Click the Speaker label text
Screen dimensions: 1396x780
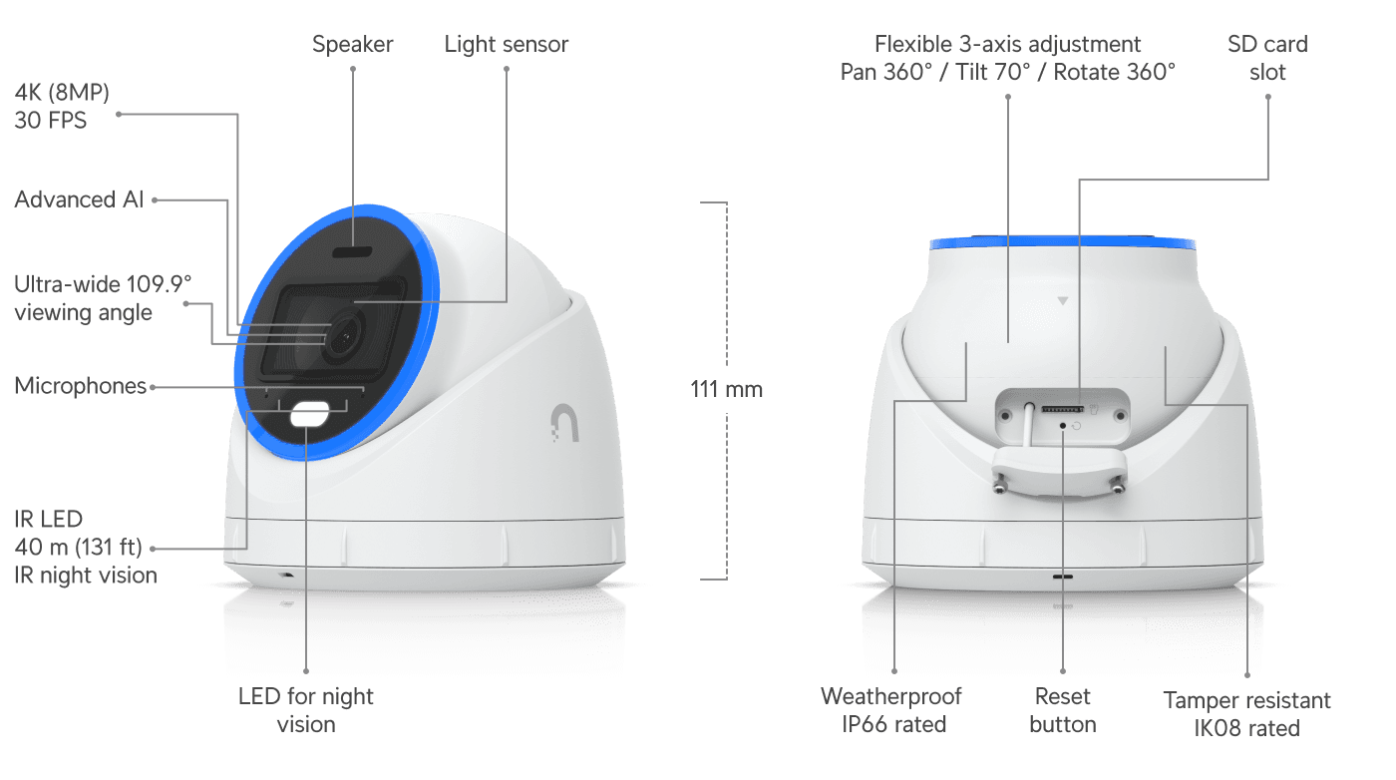coord(352,45)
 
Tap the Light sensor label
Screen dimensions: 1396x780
coord(507,45)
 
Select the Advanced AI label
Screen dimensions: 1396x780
coord(79,199)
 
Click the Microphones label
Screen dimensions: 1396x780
coord(81,386)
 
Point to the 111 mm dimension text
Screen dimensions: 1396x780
coord(726,390)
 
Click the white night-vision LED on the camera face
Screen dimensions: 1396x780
coord(310,414)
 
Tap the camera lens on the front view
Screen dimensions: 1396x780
coord(343,336)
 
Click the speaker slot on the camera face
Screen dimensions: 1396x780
coord(352,252)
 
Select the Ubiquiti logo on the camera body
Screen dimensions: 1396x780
coord(565,423)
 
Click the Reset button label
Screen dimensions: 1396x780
coord(1063,710)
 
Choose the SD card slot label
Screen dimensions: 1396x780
coord(1267,58)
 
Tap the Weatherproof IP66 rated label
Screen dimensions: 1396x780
coord(891,710)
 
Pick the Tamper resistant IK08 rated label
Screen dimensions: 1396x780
coord(1247,714)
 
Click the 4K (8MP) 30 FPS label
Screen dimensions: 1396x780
coord(62,106)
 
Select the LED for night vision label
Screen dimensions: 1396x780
coord(306,710)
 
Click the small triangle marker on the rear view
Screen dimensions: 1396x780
coord(1063,301)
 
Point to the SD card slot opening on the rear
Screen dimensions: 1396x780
coord(1063,409)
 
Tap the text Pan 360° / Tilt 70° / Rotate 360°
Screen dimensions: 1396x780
coord(1008,73)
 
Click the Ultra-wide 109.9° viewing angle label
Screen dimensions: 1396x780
coord(103,298)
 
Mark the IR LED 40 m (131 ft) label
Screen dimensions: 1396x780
coord(79,533)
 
